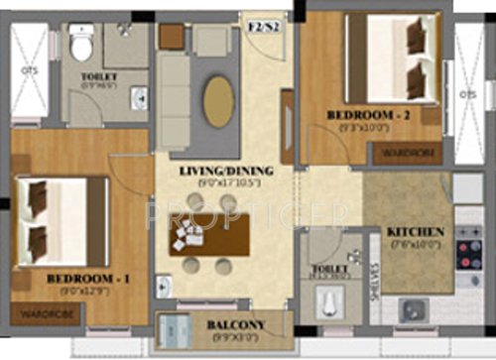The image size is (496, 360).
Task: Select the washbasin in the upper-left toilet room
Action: point(140,96)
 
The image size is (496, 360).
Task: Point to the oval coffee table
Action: point(219,100)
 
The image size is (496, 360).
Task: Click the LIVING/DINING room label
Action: point(226,171)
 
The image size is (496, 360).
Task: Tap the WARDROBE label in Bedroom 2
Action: point(407,153)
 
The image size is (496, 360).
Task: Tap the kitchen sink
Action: point(413,309)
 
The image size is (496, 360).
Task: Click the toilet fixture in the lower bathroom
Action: point(328,301)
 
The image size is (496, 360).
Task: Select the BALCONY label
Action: point(235,325)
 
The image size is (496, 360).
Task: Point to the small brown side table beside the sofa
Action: point(171,37)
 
